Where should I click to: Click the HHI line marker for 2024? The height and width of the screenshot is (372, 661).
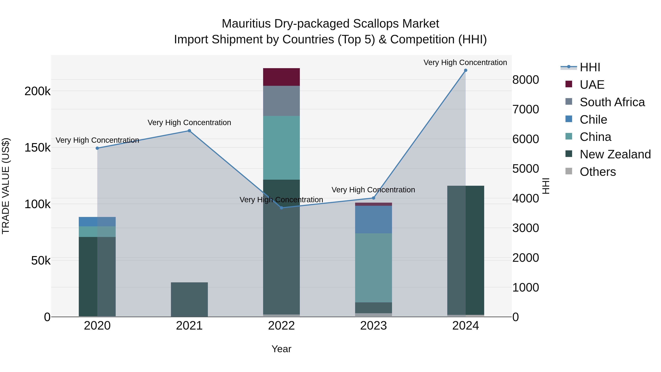[465, 70]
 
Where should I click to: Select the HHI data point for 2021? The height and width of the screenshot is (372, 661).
[189, 131]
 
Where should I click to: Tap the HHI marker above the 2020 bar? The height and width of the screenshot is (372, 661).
[97, 148]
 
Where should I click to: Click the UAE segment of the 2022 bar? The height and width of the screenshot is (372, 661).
[281, 77]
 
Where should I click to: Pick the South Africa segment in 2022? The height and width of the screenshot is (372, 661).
[281, 101]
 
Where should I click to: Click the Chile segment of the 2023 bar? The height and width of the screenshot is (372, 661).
[373, 220]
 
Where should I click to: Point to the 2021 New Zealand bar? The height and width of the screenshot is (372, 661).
[189, 299]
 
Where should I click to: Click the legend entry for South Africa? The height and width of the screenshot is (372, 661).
[612, 102]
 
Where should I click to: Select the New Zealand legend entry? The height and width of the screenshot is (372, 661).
[615, 154]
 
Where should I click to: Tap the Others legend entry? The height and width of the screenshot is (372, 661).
[598, 172]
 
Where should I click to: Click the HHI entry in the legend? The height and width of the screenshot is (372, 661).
[590, 67]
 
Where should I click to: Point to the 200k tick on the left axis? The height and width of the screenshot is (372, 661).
[37, 91]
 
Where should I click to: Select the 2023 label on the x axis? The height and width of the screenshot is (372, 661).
[373, 326]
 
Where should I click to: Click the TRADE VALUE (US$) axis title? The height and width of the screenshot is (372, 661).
[6, 186]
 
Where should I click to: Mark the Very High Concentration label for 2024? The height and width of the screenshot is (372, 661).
[465, 62]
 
